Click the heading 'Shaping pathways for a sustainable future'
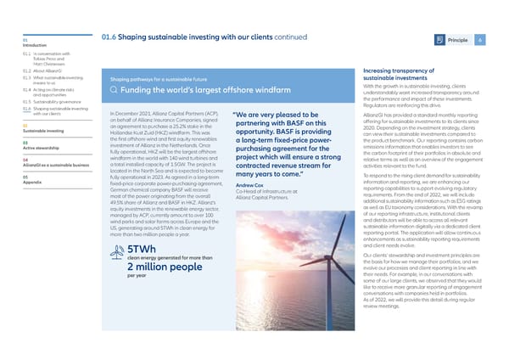click(x=165, y=79)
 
